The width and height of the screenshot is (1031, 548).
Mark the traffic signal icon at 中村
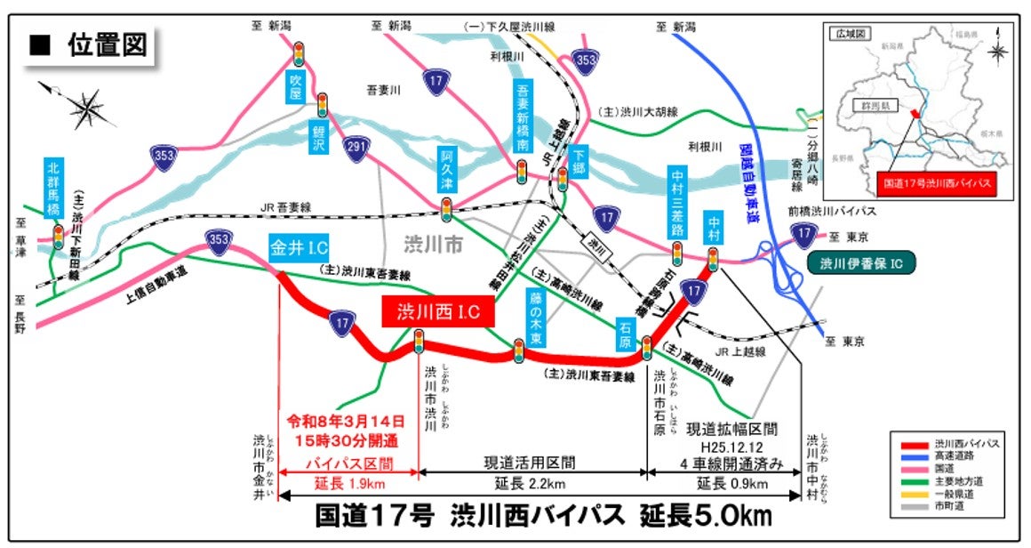(x=712, y=259)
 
